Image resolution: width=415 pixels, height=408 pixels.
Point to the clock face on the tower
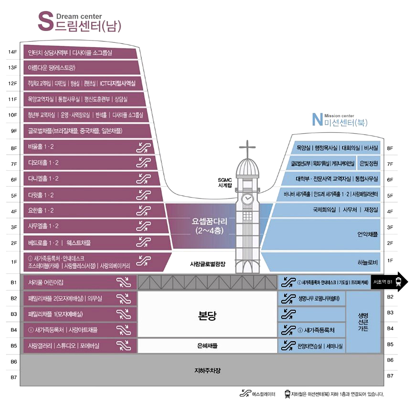(247, 198)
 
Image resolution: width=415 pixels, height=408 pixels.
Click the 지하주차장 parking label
(208, 370)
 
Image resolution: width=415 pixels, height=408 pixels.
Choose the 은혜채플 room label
(207, 345)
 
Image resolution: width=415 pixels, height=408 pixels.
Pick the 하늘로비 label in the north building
(367, 262)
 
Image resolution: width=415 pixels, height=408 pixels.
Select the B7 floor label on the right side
(390, 376)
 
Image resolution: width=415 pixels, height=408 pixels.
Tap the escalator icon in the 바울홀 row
(143, 147)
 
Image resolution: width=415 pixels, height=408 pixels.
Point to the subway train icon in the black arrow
(399, 282)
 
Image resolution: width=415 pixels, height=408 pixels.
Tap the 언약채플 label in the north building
(367, 234)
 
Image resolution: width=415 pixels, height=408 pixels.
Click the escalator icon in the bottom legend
(245, 394)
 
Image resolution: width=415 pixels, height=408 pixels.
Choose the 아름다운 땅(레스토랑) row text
(52, 68)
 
